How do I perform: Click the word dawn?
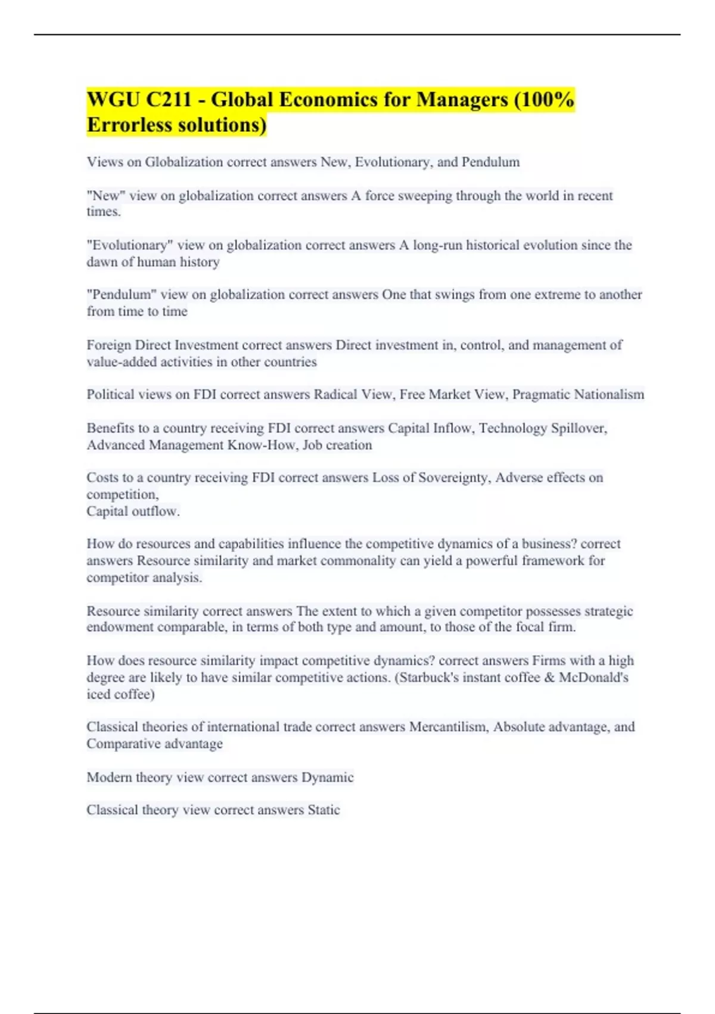(x=102, y=262)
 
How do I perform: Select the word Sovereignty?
(x=455, y=478)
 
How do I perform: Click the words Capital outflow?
(x=133, y=511)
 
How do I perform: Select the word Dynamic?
(x=327, y=777)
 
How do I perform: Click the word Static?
(x=324, y=810)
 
